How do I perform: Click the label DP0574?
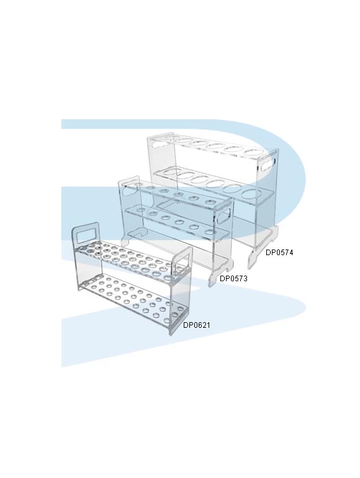(x=279, y=253)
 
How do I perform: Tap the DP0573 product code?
(x=233, y=278)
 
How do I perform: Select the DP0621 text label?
(x=197, y=325)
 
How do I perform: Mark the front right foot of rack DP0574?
(x=253, y=258)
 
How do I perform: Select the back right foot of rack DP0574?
(x=275, y=231)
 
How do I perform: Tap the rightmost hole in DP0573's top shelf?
(x=210, y=202)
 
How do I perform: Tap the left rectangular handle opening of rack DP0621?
(x=86, y=236)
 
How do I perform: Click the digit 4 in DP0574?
(x=291, y=253)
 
